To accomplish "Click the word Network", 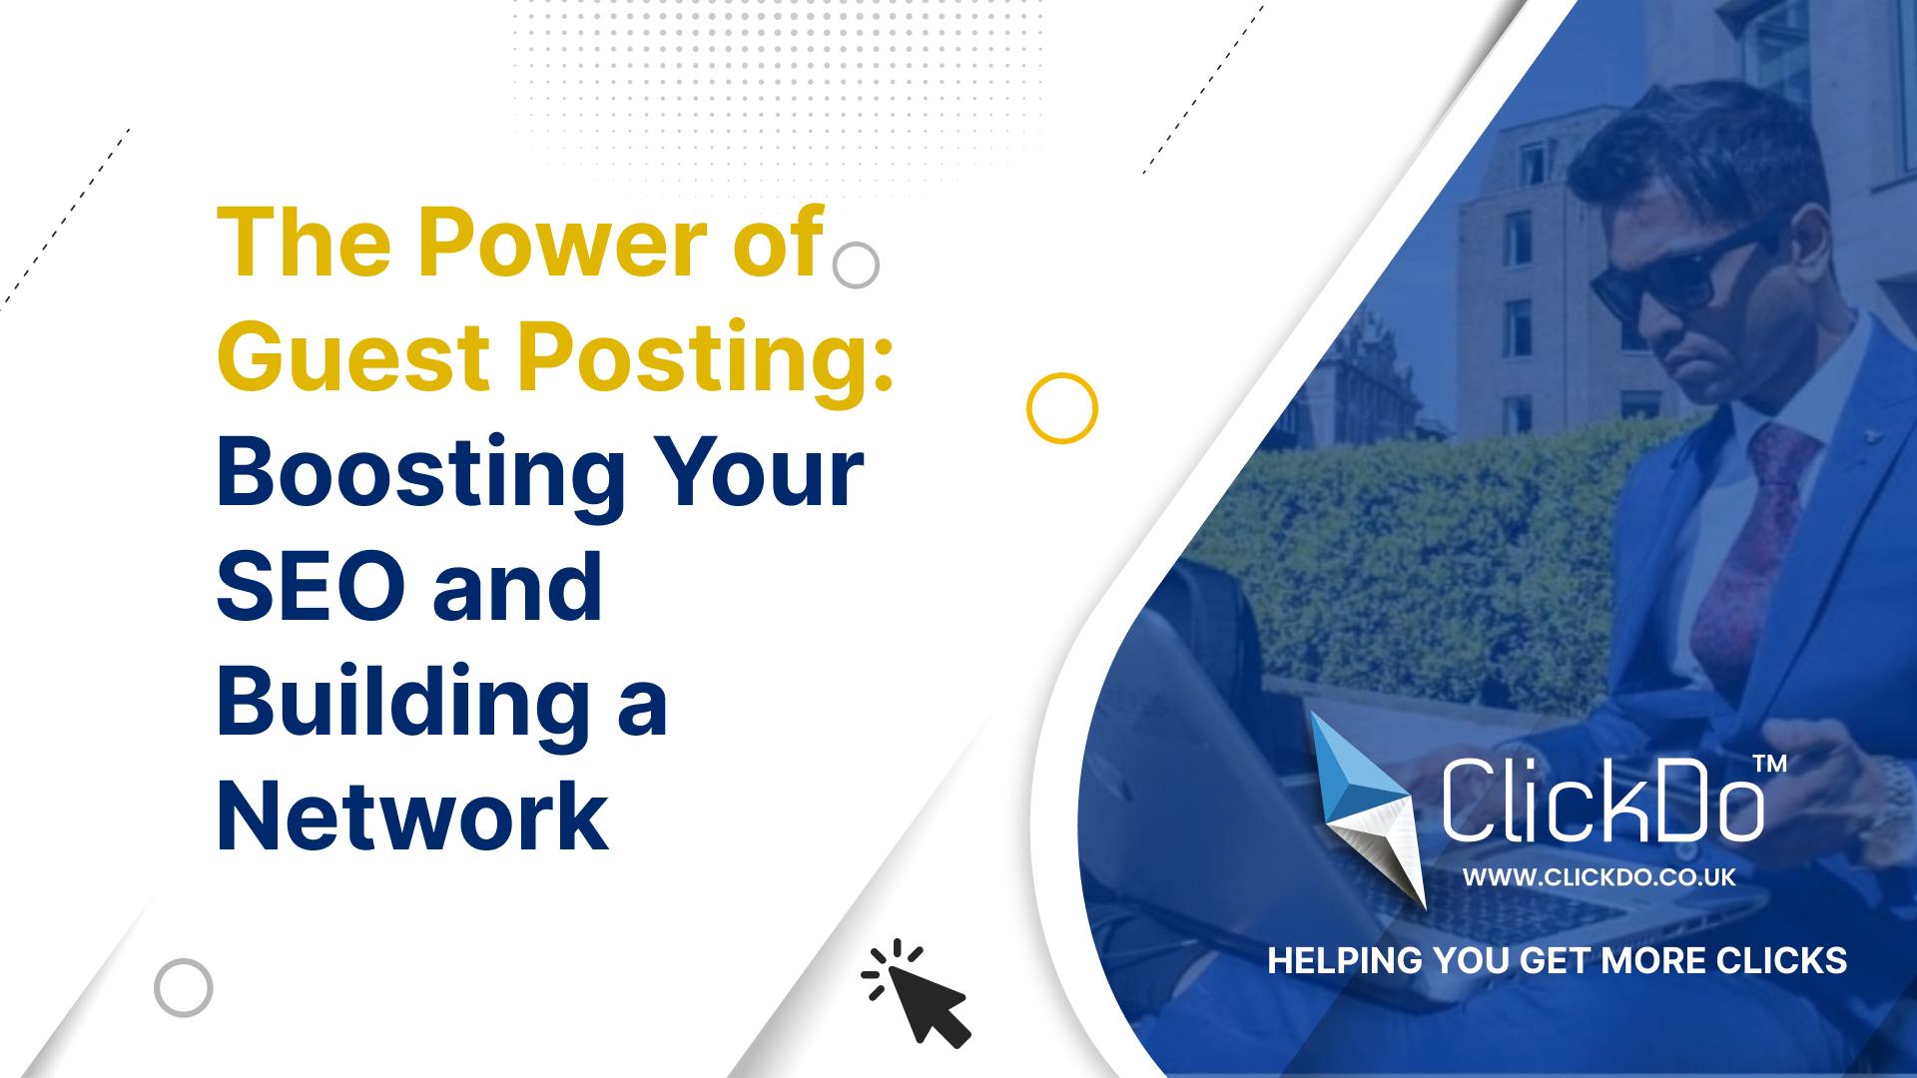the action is (412, 813).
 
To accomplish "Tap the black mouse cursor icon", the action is (916, 992).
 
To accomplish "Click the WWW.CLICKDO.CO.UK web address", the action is (1599, 877).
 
